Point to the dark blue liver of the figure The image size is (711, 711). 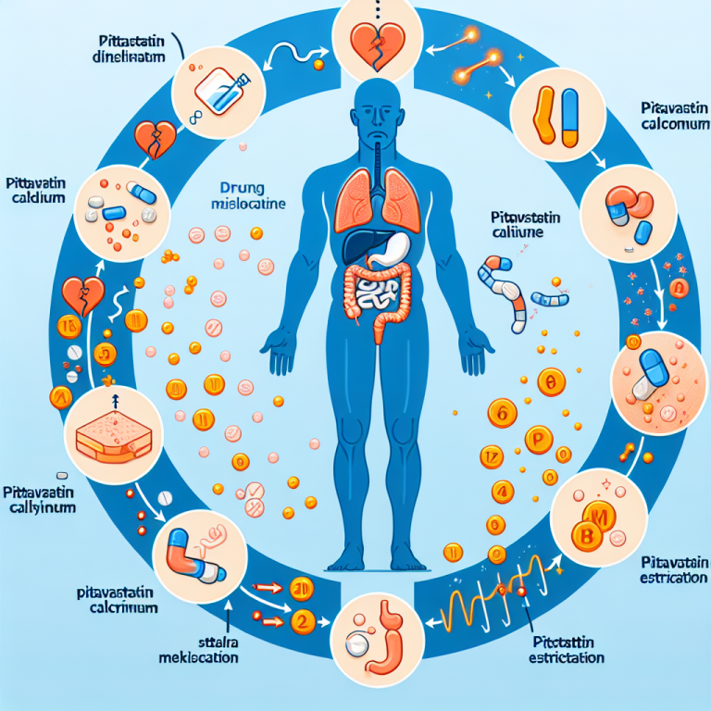point(358,244)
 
